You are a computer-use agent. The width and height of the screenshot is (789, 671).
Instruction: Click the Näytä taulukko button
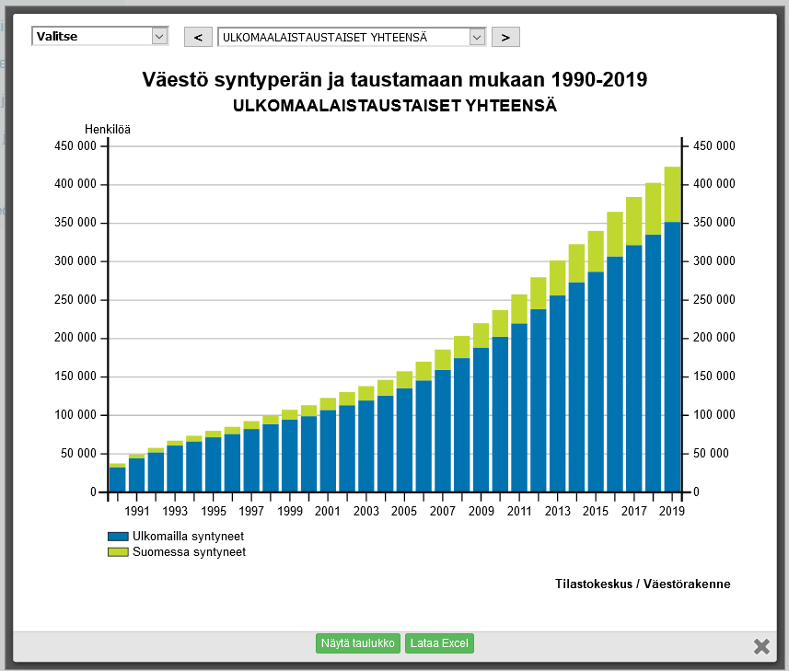[357, 643]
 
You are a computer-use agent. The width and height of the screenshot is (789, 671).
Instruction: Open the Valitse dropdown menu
[100, 36]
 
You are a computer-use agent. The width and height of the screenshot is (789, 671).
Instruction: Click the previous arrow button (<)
[198, 37]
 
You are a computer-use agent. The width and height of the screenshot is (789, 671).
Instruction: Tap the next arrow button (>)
[505, 37]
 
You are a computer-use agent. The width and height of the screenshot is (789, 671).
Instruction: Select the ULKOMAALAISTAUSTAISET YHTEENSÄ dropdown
[351, 37]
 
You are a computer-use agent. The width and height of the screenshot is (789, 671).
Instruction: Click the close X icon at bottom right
[761, 646]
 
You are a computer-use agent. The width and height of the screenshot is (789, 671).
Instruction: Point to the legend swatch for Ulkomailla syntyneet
[118, 536]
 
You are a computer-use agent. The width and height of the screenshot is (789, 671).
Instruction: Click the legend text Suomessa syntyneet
[189, 552]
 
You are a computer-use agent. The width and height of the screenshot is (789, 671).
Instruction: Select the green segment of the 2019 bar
[672, 194]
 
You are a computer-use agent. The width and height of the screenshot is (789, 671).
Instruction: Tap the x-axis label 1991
[137, 512]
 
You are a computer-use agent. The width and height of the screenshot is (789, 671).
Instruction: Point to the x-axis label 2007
[443, 512]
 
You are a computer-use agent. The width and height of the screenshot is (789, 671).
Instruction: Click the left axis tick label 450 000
[76, 146]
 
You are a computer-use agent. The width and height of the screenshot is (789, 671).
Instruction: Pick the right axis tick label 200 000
[714, 338]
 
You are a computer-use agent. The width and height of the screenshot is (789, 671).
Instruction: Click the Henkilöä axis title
[108, 129]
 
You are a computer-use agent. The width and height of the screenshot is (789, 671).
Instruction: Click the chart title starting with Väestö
[395, 80]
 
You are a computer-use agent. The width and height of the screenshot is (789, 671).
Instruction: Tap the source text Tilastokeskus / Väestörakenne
[644, 584]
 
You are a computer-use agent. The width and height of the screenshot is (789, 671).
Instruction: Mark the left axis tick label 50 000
[79, 454]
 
